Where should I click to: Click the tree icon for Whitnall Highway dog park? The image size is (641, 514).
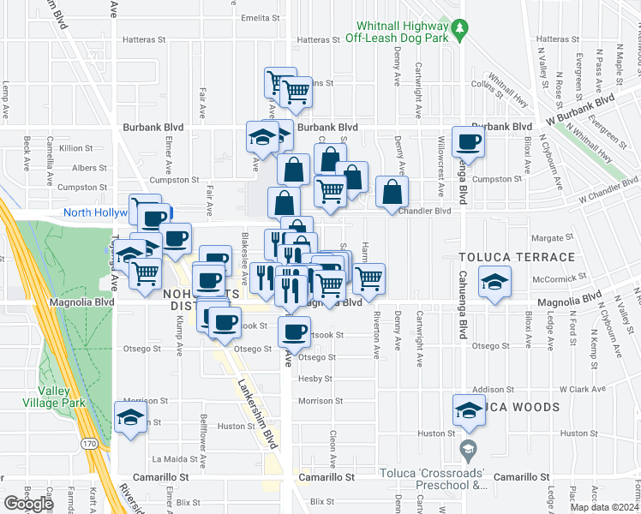coord(460,30)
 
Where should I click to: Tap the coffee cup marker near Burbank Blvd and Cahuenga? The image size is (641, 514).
coord(469,141)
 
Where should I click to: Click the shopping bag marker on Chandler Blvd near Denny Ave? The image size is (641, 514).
coord(392,193)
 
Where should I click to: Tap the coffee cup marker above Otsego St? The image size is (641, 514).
coord(294,331)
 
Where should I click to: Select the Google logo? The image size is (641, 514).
coord(28,504)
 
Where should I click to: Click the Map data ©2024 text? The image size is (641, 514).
coord(604,507)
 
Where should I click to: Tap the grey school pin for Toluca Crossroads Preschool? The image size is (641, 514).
coord(468,447)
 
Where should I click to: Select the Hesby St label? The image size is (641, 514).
coord(315,379)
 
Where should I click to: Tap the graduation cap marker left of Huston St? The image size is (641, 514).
coord(130,419)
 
